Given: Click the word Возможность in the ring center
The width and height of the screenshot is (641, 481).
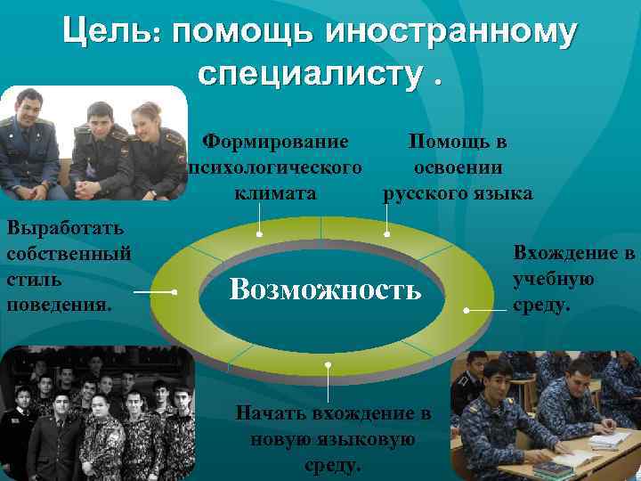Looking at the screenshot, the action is (325, 288).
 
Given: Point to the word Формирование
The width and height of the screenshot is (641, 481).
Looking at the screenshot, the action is (275, 141).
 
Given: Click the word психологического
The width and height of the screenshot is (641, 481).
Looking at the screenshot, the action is (274, 167).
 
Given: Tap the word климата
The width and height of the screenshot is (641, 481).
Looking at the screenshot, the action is (275, 193).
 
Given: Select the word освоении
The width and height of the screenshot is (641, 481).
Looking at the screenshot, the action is (458, 167).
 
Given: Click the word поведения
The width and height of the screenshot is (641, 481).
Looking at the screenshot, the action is (59, 305).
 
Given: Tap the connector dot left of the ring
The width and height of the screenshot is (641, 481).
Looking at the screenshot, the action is (175, 292).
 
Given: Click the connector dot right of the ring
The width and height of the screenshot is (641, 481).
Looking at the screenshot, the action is (467, 311).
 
